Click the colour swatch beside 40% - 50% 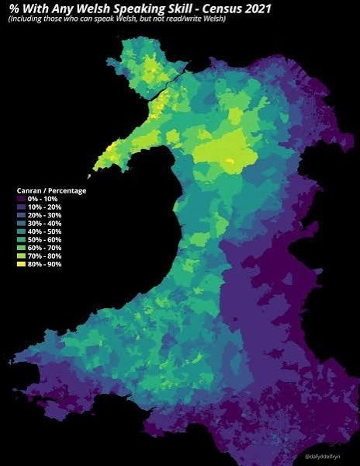[x=22, y=237]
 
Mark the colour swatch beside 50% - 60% [x=22, y=246]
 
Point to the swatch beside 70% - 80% [x=22, y=265]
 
